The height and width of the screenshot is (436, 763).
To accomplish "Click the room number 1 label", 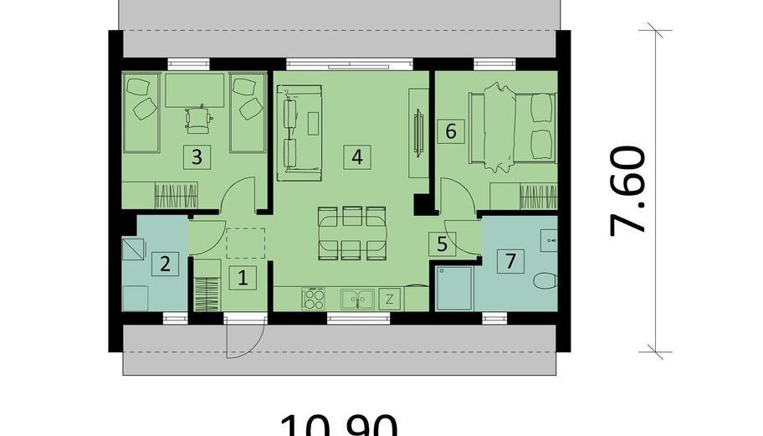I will [x=243, y=277].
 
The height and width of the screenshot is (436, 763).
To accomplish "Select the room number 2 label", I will [x=165, y=264].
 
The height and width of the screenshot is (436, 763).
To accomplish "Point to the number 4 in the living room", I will [x=357, y=156].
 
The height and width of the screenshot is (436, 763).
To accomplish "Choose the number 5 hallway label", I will [x=442, y=244].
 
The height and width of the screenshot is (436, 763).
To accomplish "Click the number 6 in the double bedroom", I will [x=451, y=131].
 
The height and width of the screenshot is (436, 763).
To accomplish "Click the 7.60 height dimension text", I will [x=629, y=191].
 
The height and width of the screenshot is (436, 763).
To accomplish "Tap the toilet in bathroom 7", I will [x=545, y=280].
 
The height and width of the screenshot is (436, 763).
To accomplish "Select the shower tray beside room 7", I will [x=454, y=288].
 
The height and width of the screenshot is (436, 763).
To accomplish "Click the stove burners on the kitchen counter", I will [x=315, y=298].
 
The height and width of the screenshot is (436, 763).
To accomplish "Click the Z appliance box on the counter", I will [x=390, y=298].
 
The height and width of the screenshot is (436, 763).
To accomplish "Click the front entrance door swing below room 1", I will [x=245, y=338].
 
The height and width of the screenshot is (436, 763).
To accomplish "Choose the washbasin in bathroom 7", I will [x=550, y=240].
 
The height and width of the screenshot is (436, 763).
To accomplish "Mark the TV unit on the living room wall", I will [x=416, y=131].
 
